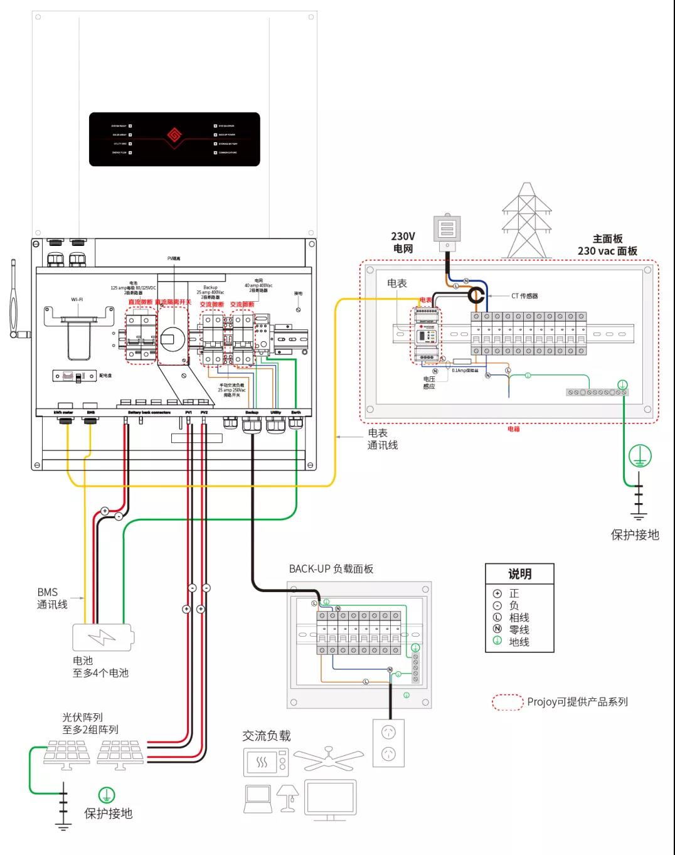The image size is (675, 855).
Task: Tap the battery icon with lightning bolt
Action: [102, 637]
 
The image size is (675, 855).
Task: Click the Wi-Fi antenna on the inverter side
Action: [15, 300]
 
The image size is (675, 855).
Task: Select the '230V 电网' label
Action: [403, 242]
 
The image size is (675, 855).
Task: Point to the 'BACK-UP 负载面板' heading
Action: [331, 569]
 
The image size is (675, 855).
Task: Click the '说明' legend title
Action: [519, 574]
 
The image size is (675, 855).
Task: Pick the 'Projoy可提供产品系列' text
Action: [577, 702]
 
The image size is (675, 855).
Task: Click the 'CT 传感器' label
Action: [524, 295]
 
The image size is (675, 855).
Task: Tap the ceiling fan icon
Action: [328, 758]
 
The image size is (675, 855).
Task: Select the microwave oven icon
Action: [265, 763]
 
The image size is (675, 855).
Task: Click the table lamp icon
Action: [289, 797]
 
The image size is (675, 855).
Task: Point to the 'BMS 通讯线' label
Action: [51, 598]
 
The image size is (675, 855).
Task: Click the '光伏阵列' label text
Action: [82, 717]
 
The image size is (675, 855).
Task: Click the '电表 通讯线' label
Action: [382, 439]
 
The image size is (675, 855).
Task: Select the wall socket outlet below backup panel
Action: [389, 743]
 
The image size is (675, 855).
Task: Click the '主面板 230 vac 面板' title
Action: [607, 245]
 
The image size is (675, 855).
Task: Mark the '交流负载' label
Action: [267, 736]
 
